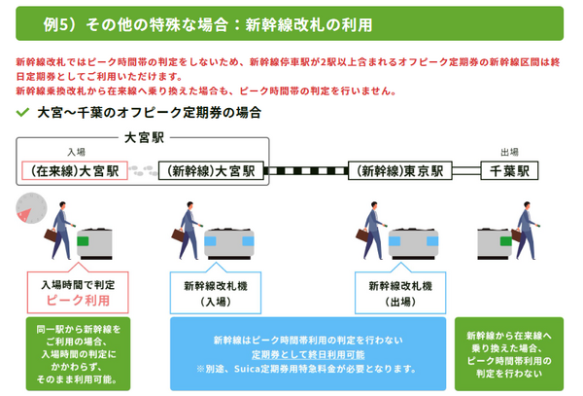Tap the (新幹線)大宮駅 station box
(206, 170)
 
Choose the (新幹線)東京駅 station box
(396, 170)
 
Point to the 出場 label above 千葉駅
(509, 152)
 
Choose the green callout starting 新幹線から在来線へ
(509, 351)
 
